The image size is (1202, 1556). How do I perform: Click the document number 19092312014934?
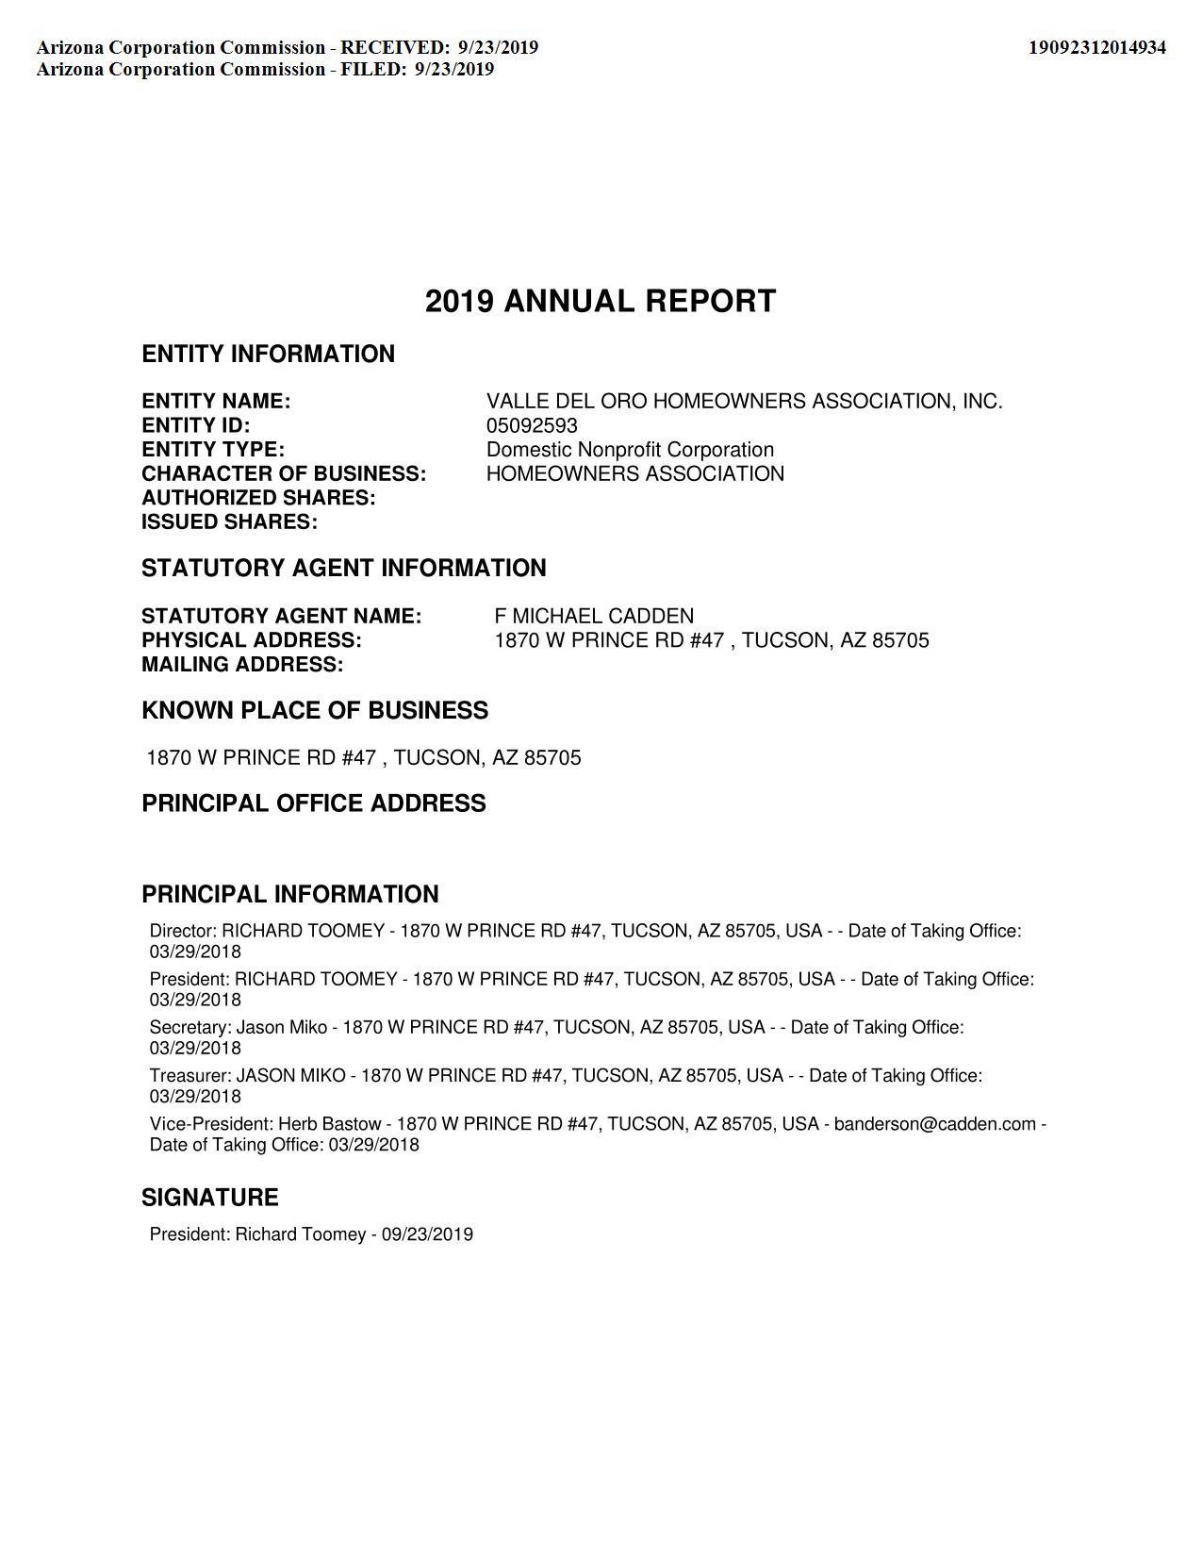1096,47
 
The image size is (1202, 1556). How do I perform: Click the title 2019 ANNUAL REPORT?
601,302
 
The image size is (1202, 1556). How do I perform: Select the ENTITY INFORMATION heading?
268,355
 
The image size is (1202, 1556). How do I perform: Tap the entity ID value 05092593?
532,425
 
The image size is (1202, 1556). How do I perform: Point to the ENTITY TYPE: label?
213,450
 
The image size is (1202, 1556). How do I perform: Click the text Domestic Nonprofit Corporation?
630,450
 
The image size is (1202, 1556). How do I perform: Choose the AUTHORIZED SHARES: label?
258,498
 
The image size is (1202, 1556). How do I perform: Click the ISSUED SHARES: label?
229,522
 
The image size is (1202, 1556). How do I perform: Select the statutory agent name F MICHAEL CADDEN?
594,617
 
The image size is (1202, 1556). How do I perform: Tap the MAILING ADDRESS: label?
242,665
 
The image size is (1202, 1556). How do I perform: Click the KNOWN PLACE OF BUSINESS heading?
315,711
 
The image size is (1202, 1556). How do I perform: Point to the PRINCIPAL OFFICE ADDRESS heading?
314,803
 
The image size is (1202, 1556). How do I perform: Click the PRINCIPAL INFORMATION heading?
290,894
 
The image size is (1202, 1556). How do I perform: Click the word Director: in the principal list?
183,932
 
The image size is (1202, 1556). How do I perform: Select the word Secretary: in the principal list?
190,1028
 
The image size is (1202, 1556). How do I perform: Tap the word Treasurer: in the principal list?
190,1076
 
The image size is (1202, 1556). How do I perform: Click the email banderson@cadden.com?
934,1124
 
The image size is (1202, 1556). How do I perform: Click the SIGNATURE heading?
210,1198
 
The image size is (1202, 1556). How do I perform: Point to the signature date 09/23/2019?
427,1234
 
